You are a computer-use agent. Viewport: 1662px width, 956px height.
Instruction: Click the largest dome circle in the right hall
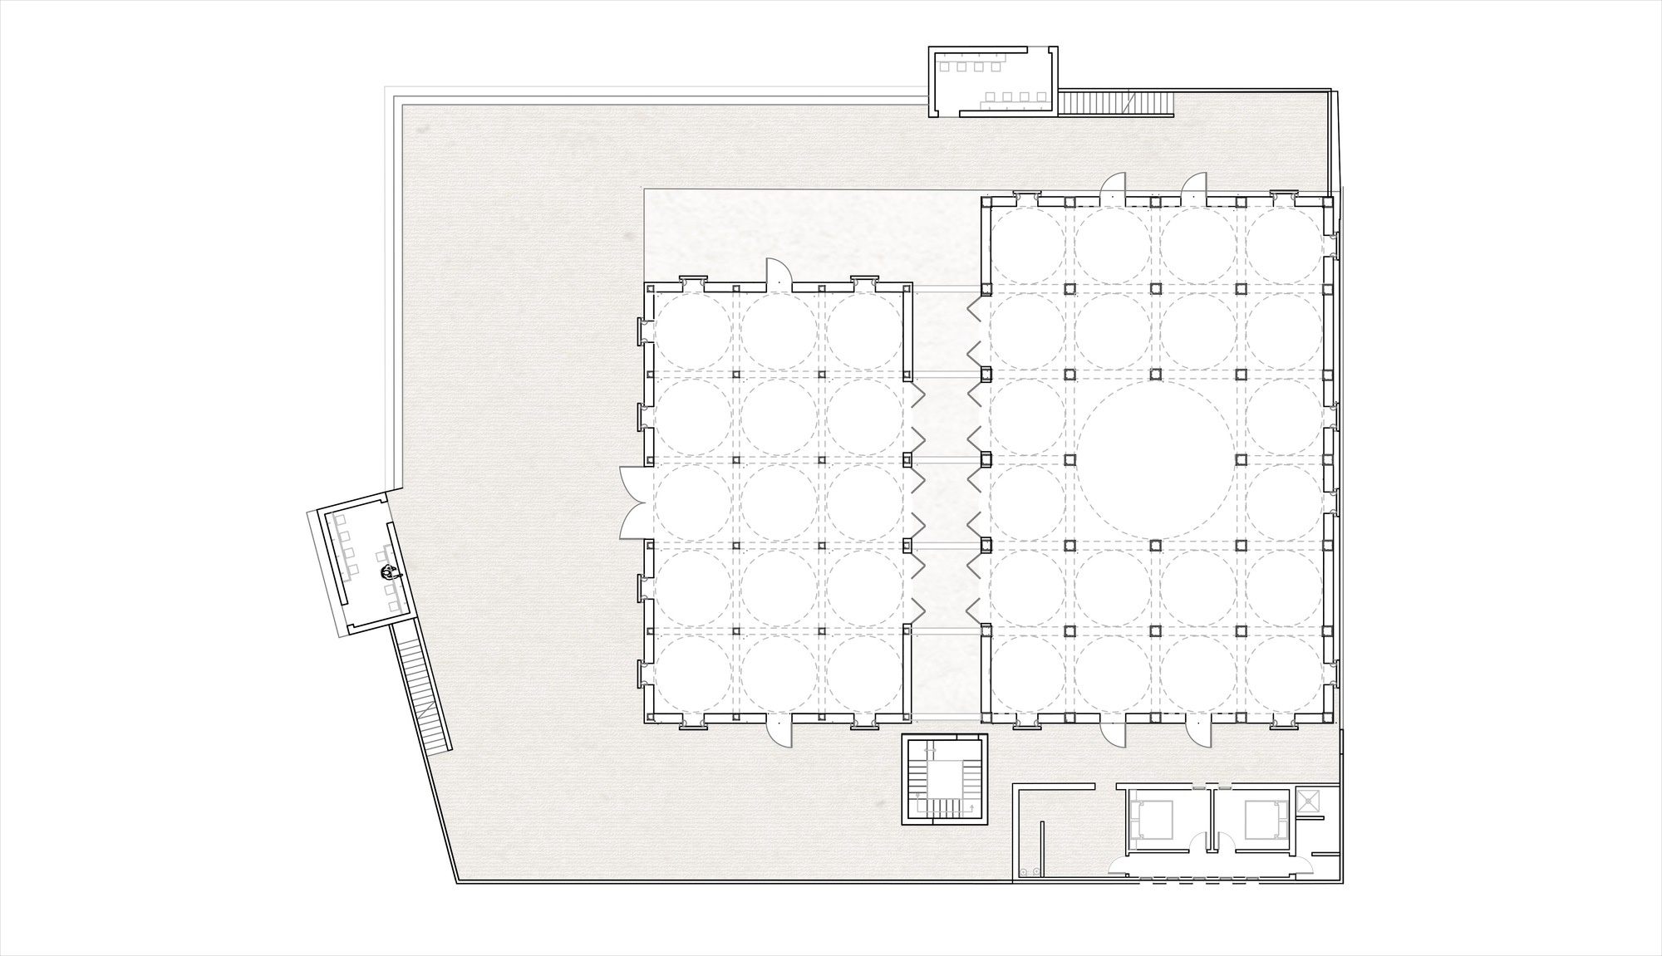coord(1155,459)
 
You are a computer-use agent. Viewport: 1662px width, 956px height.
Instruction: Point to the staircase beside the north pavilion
coord(1114,103)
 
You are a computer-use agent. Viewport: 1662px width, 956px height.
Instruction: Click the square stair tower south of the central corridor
coord(946,779)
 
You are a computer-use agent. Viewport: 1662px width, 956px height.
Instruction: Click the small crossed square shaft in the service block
coord(1309,800)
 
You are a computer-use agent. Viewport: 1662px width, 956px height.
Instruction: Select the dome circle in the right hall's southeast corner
coord(1285,674)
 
